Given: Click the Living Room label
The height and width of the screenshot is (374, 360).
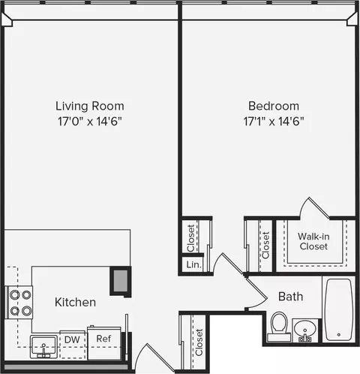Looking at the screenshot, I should tap(89, 106).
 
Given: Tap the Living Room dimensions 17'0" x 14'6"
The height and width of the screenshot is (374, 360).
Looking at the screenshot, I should tap(89, 120).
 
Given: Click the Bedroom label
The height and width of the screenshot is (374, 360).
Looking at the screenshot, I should tap(274, 106).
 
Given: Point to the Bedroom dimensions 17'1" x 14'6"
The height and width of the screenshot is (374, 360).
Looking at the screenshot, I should tap(274, 120).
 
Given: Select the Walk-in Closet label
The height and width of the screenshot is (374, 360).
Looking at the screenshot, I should tap(313, 240).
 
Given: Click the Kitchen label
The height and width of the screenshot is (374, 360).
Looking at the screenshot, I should tap(75, 302).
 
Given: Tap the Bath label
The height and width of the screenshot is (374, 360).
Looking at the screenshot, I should tap(290, 297).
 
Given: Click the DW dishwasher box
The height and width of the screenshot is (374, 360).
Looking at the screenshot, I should tap(72, 339).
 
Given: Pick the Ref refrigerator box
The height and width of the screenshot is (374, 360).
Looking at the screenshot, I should tap(103, 339).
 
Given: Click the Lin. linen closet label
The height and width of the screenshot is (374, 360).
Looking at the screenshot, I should tap(192, 265).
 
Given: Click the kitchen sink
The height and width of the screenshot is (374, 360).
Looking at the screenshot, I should tap(41, 348).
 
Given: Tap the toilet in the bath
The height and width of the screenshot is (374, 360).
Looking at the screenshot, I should tap(280, 326).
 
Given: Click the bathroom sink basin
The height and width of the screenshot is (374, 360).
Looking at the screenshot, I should tap(305, 329).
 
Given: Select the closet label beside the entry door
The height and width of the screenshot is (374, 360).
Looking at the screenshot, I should tap(199, 342).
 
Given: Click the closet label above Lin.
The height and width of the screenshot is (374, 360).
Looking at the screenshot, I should tap(191, 237).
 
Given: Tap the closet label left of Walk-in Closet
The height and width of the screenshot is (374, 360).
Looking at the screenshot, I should tap(265, 244).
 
